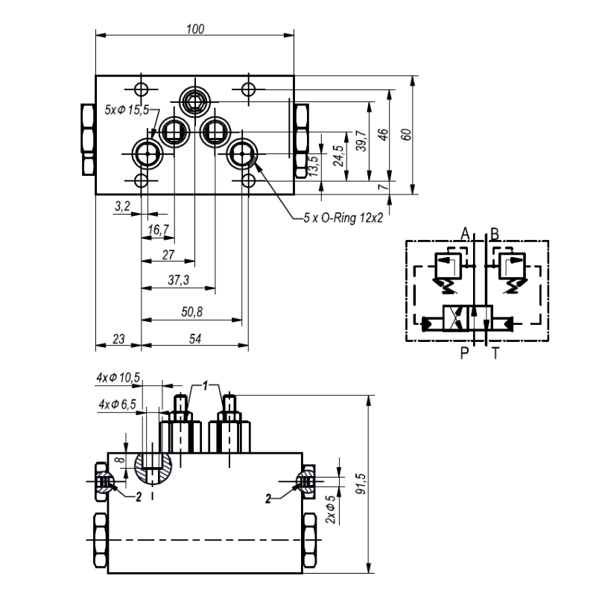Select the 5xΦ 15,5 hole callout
pyautogui.click(x=127, y=110)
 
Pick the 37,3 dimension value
pyautogui.click(x=177, y=279)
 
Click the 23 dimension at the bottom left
pyautogui.click(x=118, y=338)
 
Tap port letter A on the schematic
pyautogui.click(x=465, y=234)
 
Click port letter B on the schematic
pyautogui.click(x=495, y=234)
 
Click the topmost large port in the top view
pyautogui.click(x=195, y=100)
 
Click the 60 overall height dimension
pyautogui.click(x=405, y=134)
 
